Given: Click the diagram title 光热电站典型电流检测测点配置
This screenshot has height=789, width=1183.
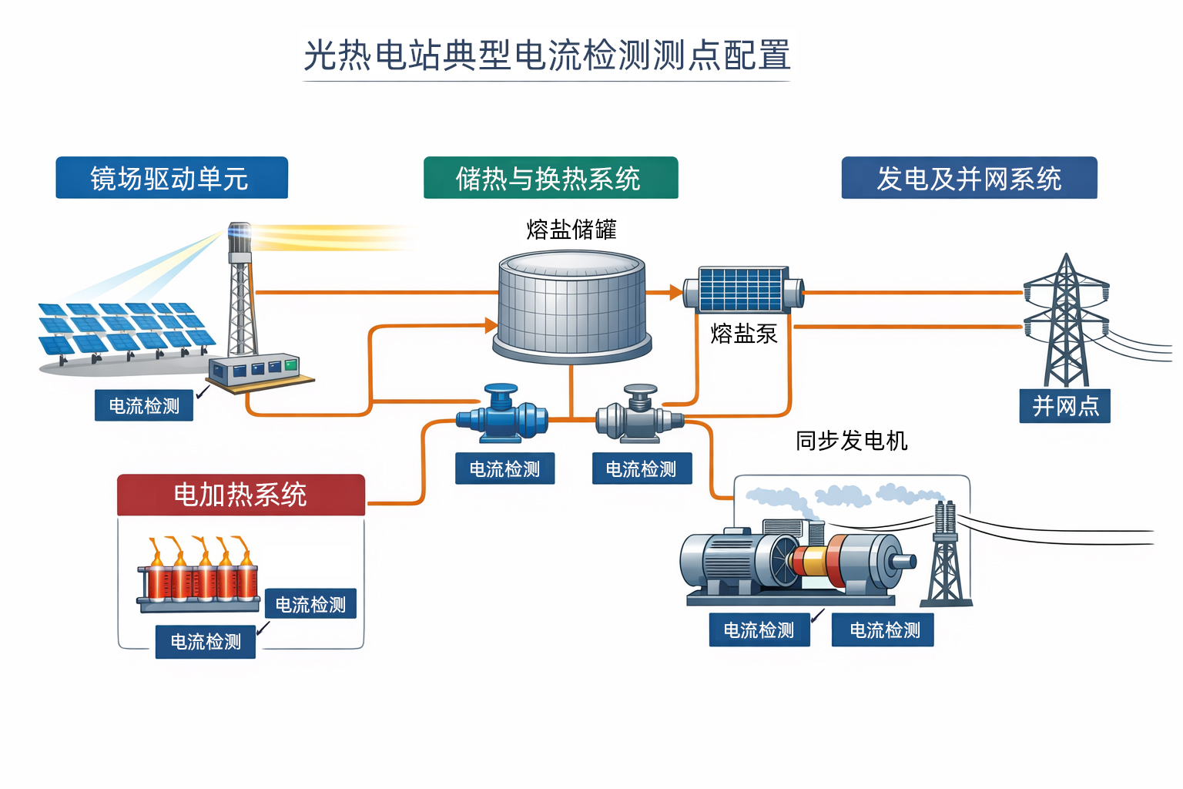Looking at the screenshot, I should pos(547,55).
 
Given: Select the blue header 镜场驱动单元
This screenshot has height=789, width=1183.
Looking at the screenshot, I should pos(171,178).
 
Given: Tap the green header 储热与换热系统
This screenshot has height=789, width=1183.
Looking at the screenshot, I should pos(550,178).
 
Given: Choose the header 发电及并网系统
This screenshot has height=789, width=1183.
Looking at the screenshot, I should pos(968,178).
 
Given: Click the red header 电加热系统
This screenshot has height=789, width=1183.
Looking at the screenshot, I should pos(240,495).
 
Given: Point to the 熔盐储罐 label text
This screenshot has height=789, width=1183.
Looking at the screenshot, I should pos(571,229).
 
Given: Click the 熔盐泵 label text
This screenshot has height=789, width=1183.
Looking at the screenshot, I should pos(743,334).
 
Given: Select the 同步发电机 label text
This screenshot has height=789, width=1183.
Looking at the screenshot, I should pos(851,441).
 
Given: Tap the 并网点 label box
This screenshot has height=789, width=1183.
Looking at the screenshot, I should pos(1064,406).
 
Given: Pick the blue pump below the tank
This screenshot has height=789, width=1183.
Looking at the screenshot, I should pos(501,416).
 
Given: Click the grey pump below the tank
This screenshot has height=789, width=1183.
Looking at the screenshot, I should pos(639,416).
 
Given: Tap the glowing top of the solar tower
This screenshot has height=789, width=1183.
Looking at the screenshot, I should pos(239,233).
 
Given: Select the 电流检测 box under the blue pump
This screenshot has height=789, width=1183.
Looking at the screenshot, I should pos(504,468).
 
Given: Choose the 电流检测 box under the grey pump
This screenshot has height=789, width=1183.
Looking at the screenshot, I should pos(641,468).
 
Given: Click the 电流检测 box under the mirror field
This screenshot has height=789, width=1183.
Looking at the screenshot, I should pos(143,405).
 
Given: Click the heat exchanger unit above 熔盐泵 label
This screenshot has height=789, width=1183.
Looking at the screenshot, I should pos(743,290).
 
